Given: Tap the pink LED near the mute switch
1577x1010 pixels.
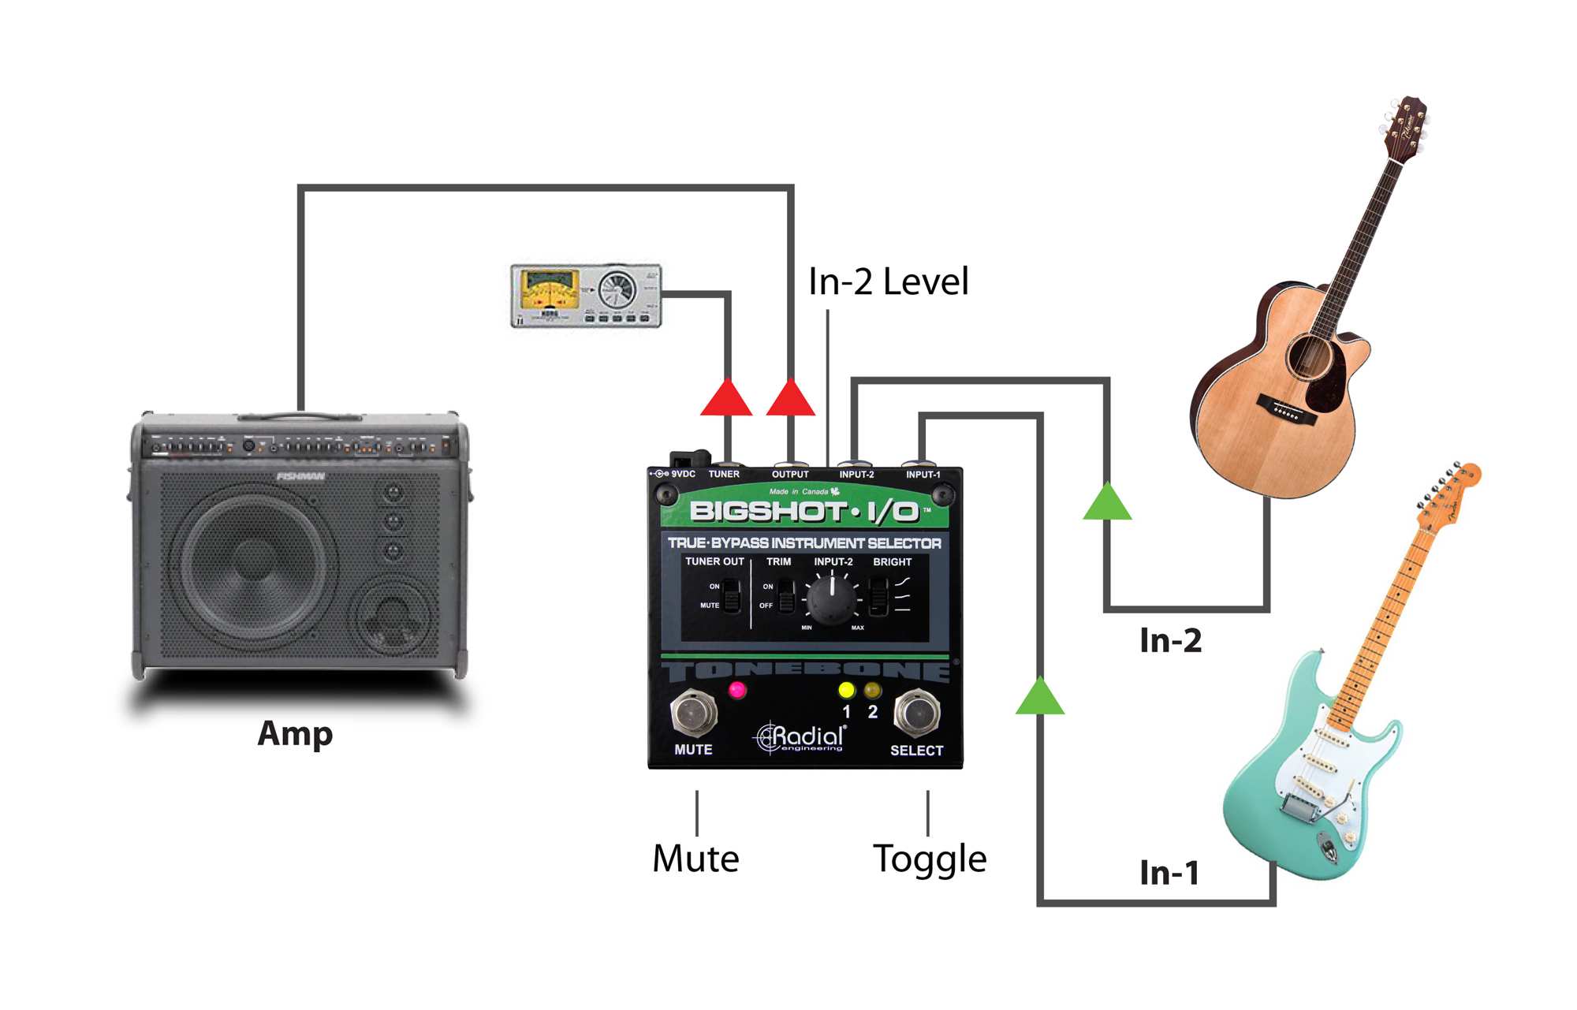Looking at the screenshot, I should tap(737, 691).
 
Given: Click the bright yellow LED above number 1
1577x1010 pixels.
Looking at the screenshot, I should tap(846, 691).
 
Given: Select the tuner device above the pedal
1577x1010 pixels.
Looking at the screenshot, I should tap(586, 296).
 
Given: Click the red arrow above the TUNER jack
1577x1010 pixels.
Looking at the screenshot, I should tap(726, 398).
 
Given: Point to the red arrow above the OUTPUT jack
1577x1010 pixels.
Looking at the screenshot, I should tap(790, 398).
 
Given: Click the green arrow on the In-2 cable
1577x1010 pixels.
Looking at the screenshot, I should tap(1107, 501).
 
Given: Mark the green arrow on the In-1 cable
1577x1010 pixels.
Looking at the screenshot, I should tap(1040, 696).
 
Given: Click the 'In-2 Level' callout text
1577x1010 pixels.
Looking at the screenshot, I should tap(888, 281).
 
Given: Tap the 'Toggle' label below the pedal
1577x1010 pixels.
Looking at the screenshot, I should tap(929, 859).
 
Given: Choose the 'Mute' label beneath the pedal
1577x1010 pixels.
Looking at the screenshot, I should tap(695, 859).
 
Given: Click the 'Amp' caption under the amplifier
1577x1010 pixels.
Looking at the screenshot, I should tap(295, 733).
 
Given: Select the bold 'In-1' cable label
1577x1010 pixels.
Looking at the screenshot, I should tap(1169, 873).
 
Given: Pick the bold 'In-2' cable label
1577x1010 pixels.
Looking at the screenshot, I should tap(1171, 641).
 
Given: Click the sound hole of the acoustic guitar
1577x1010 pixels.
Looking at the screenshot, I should tap(1310, 356).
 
